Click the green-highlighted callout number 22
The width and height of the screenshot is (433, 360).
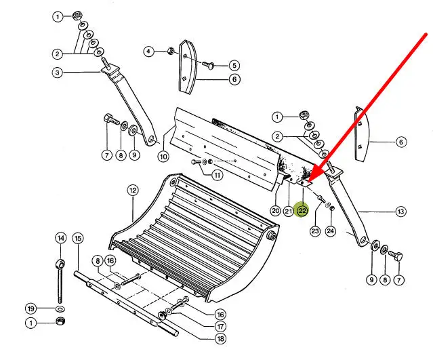click(302, 211)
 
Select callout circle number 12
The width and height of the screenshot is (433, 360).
click(133, 191)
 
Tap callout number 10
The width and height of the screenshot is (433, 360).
click(163, 157)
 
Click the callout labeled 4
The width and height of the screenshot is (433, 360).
click(149, 52)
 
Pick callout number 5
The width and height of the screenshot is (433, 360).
click(234, 66)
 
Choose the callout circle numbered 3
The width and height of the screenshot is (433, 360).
click(57, 73)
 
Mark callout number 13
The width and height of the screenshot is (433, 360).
click(400, 212)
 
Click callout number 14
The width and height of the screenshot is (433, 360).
click(61, 238)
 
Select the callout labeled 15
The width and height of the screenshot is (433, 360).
click(78, 238)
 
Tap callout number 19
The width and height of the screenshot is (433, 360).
click(30, 308)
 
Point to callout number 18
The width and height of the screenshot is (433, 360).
click(220, 338)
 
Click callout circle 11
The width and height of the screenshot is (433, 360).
click(218, 175)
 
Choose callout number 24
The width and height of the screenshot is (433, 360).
click(331, 231)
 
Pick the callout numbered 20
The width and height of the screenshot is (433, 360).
click(276, 211)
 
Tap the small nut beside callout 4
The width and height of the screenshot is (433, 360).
click(171, 51)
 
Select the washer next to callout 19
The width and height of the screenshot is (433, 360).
click(60, 308)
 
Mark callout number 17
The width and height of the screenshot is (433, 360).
click(220, 327)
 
